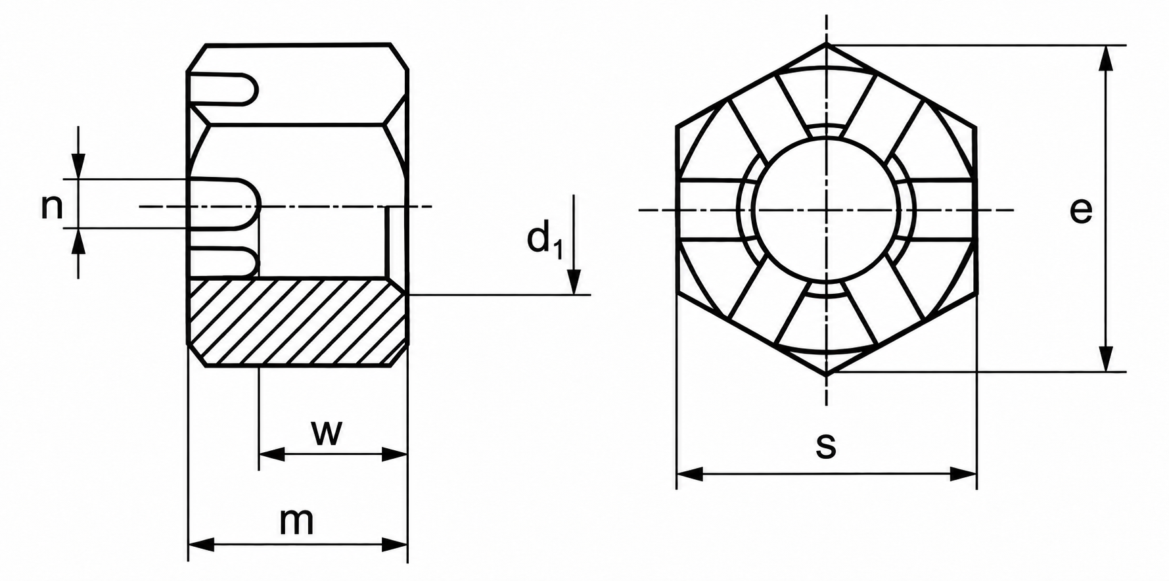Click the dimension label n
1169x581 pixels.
coord(52,207)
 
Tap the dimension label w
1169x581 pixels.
coord(327,432)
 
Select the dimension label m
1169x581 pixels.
coord(296,521)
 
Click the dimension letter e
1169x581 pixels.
coord(1080,210)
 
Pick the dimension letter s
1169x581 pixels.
coord(826,445)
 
